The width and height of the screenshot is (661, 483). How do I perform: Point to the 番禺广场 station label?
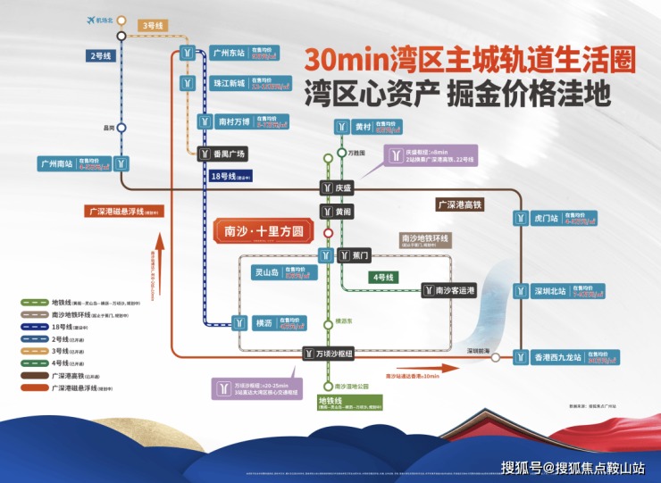(x=229, y=154)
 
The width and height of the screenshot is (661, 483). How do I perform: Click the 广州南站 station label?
(x=56, y=163)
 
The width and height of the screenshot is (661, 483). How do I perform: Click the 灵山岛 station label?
(x=269, y=271)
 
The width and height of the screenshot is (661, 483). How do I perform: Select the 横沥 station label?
(x=263, y=321)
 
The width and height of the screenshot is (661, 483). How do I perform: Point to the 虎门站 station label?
(x=546, y=218)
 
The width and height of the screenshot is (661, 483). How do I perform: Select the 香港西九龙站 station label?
(x=557, y=357)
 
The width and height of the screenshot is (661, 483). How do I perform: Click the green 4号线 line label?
(x=382, y=278)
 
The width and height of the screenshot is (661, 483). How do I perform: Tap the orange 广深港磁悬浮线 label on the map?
(x=124, y=212)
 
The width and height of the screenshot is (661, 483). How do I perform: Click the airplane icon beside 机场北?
(x=90, y=21)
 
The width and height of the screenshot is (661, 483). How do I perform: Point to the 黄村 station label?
(x=363, y=127)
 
